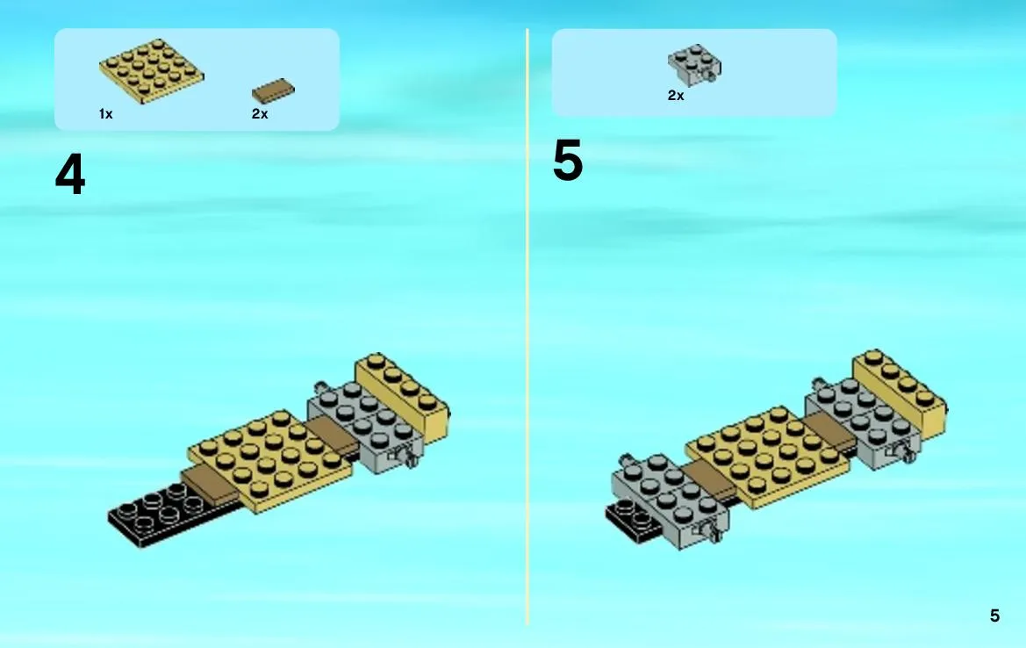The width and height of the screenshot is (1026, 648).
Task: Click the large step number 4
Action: click(x=70, y=174)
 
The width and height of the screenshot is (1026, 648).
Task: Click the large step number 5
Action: click(x=567, y=161)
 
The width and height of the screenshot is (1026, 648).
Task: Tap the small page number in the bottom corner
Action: click(x=994, y=616)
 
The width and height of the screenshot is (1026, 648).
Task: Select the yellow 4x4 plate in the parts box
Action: click(x=151, y=71)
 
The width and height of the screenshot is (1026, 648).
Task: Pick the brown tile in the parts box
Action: click(x=274, y=91)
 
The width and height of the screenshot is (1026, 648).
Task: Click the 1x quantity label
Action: click(x=106, y=114)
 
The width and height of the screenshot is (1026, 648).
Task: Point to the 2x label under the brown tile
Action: click(x=260, y=114)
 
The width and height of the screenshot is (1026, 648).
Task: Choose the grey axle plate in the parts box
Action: click(x=694, y=64)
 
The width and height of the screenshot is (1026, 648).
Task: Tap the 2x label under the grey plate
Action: click(x=676, y=96)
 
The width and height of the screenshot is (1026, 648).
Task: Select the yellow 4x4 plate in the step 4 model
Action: click(x=269, y=459)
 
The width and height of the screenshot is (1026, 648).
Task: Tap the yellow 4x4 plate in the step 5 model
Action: click(x=768, y=457)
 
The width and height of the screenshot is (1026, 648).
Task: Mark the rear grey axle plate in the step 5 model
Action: click(x=863, y=422)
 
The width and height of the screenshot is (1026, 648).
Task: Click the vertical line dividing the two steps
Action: click(x=527, y=327)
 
